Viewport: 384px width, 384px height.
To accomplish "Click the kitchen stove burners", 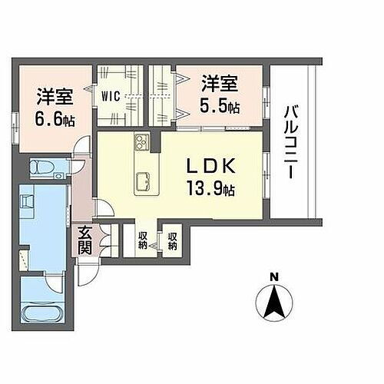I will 143,141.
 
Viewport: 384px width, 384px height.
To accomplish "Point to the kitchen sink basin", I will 143,182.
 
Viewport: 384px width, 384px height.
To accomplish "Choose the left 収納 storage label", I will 144,240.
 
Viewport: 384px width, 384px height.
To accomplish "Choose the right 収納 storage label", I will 173,240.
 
